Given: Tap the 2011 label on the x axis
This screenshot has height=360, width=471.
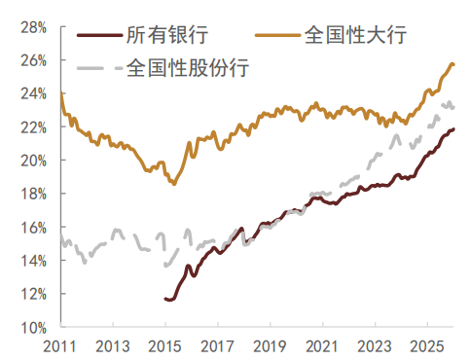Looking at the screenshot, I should coord(60,345).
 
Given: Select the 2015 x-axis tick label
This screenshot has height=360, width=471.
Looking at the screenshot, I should coord(165,345).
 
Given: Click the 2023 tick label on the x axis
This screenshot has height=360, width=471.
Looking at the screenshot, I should coord(374,345).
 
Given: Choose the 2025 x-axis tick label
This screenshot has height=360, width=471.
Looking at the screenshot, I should coord(426,345).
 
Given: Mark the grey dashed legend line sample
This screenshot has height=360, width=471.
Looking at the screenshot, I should coord(98,70).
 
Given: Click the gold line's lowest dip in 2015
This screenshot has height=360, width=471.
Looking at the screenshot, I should coord(174,184).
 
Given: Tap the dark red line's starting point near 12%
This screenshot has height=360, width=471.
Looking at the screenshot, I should coord(165,298).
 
